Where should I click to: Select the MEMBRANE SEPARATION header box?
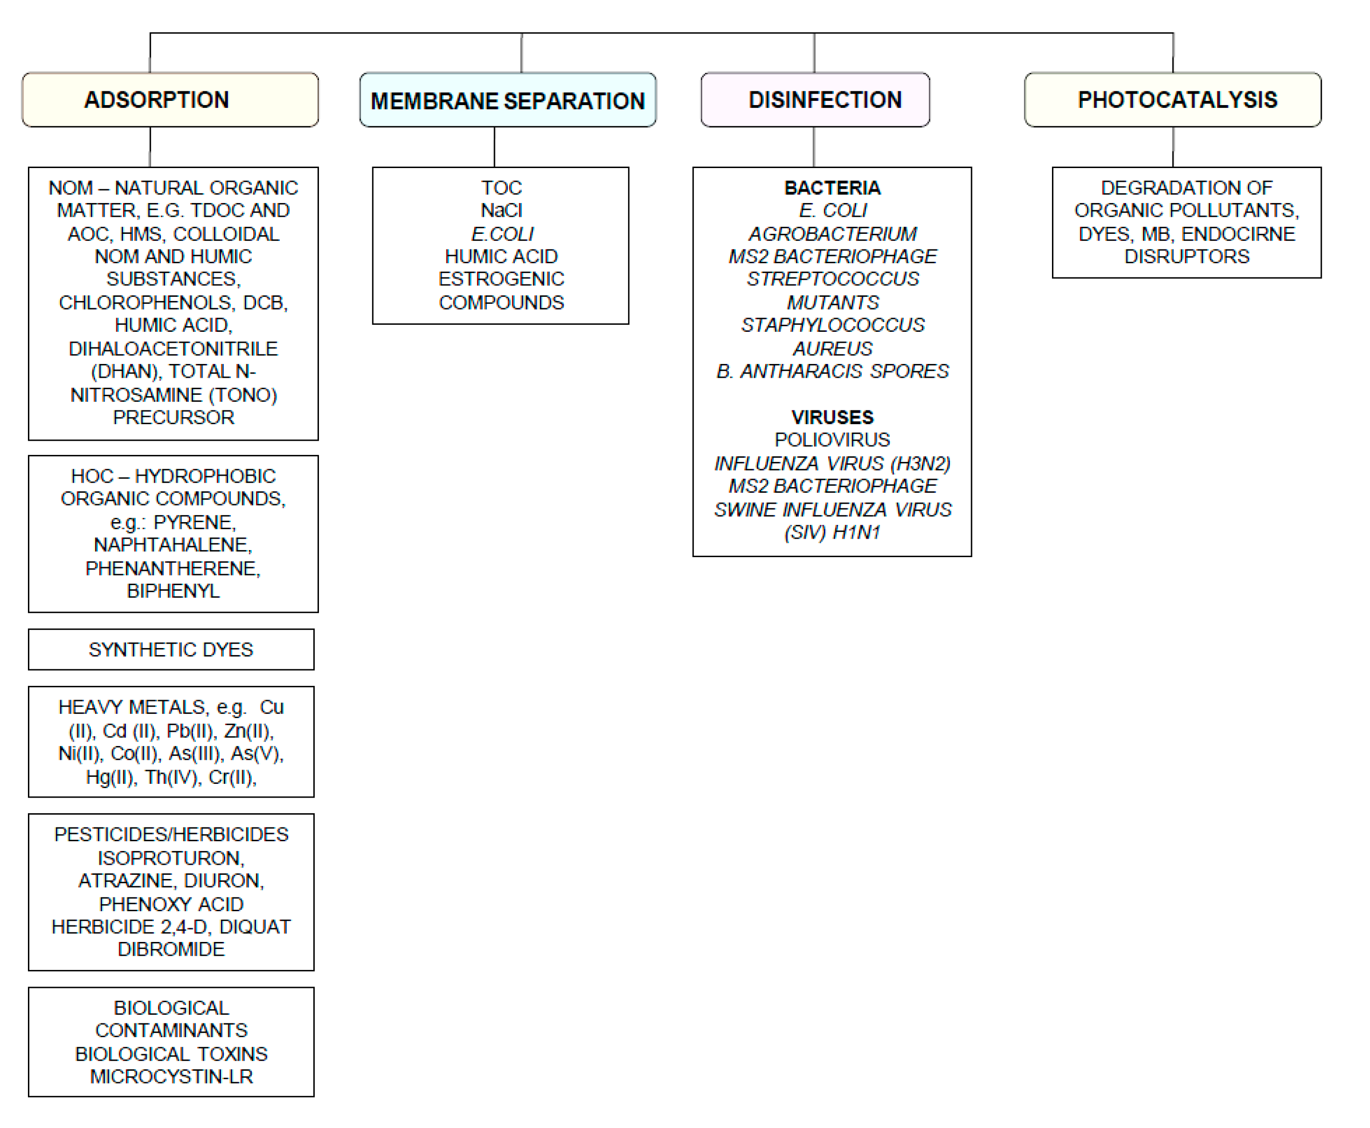507,100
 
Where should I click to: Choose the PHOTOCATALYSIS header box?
1173,99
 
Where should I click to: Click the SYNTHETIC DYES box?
171,649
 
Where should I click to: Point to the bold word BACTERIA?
832,188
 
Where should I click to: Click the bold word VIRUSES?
832,417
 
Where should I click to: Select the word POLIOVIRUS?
832,440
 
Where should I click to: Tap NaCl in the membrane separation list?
501,211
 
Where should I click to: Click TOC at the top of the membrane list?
501,188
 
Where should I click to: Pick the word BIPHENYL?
173,591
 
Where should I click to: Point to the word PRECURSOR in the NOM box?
173,417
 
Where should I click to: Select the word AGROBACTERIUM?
832,233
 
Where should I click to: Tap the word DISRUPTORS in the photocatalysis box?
1186,257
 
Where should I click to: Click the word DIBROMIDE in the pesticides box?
171,950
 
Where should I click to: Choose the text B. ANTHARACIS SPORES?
832,371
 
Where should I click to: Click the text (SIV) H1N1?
832,533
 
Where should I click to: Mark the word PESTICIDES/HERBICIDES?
171,835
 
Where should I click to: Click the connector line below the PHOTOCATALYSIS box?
1173,147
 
